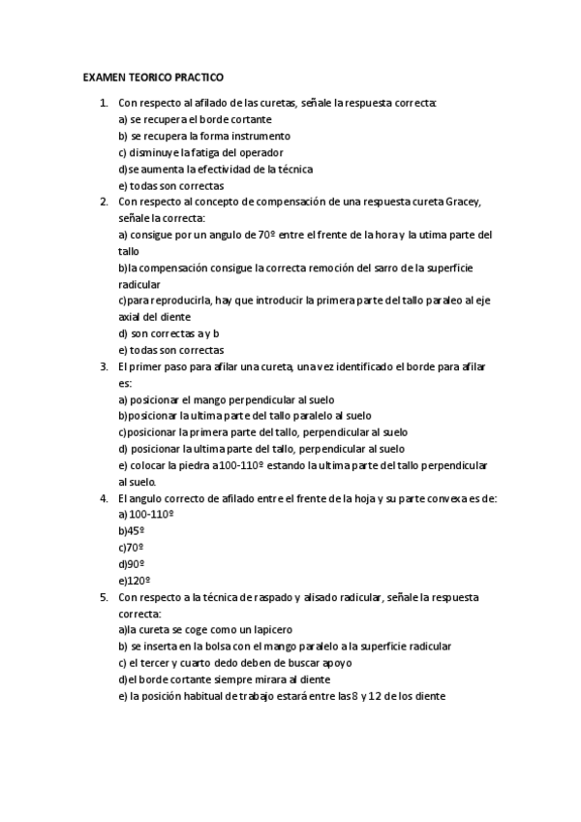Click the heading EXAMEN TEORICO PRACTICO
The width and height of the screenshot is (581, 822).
[x=153, y=76]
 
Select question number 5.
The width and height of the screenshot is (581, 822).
[x=104, y=597]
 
